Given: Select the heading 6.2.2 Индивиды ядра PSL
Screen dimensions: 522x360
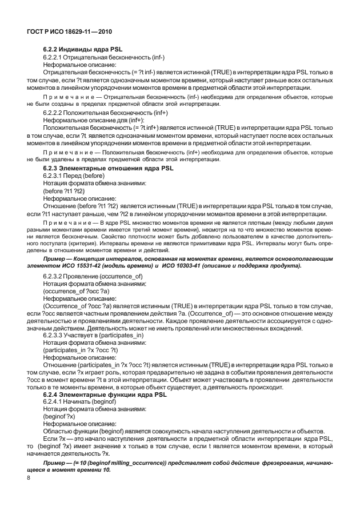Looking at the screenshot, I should pos(83,50).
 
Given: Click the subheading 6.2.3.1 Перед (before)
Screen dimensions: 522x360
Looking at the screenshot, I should pos(74,176).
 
